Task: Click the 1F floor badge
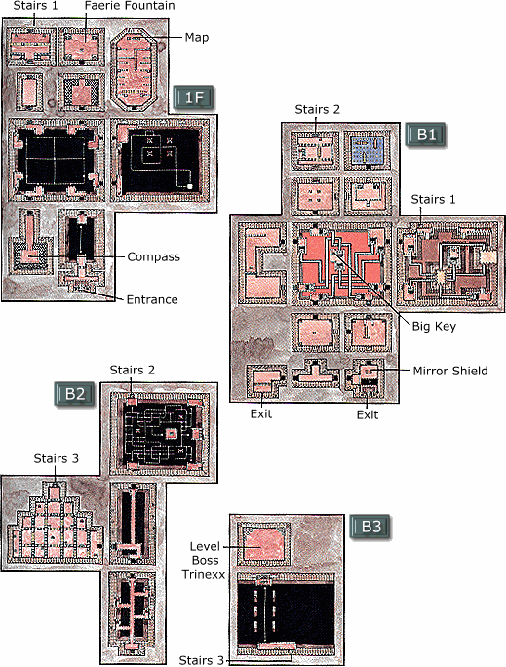click(x=194, y=98)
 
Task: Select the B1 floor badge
click(x=426, y=135)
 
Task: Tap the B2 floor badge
click(x=75, y=394)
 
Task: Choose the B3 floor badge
click(x=370, y=527)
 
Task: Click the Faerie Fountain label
click(x=130, y=6)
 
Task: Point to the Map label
click(x=197, y=37)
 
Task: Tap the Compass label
click(x=153, y=256)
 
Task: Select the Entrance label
click(x=152, y=299)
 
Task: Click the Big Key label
click(x=434, y=327)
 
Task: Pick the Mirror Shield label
click(x=450, y=371)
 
